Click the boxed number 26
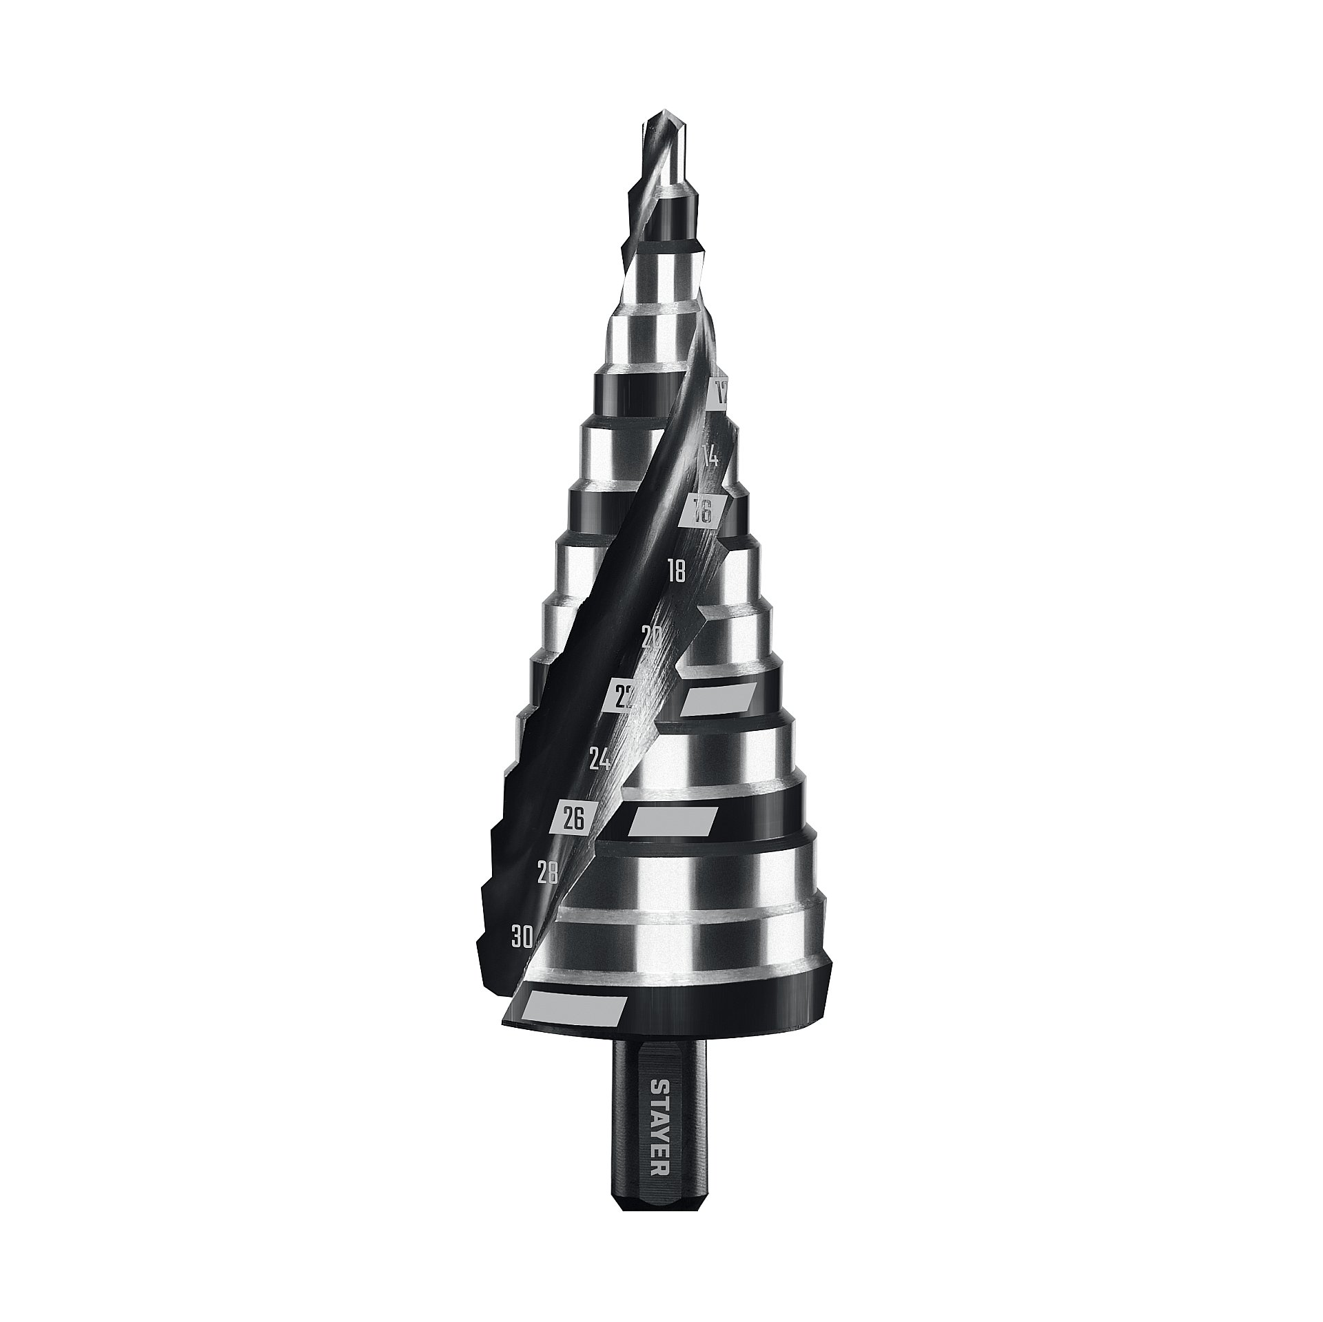(573, 820)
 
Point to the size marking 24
(600, 760)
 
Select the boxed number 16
(701, 511)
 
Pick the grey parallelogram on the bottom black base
(574, 1008)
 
